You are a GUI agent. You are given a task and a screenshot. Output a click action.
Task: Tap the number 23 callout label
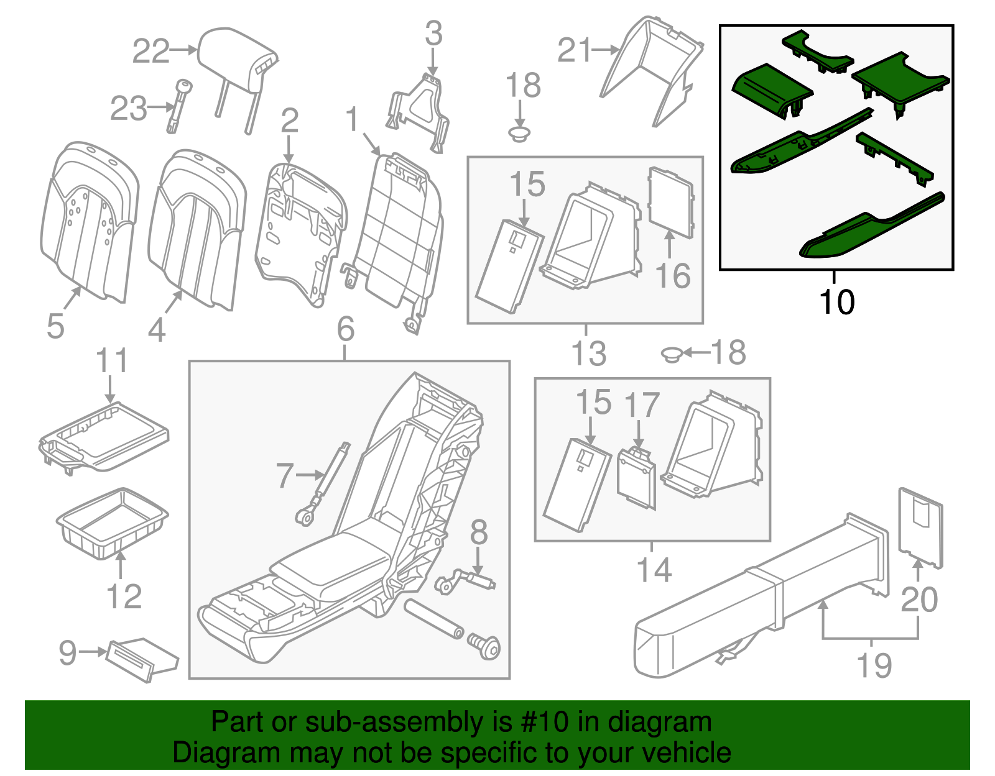128,109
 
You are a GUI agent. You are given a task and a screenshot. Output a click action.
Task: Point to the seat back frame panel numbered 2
298,230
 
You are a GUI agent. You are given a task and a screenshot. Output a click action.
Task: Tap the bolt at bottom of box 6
485,648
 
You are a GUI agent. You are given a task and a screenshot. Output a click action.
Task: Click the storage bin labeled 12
112,522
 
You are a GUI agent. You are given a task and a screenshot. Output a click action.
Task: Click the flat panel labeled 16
670,202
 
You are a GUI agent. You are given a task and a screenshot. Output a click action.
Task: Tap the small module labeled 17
636,478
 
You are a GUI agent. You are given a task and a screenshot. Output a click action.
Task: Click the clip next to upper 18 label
520,133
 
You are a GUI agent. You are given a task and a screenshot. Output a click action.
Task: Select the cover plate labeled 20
920,528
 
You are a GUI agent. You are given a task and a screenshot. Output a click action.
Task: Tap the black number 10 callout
837,303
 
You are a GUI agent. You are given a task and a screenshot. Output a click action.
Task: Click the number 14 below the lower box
654,570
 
